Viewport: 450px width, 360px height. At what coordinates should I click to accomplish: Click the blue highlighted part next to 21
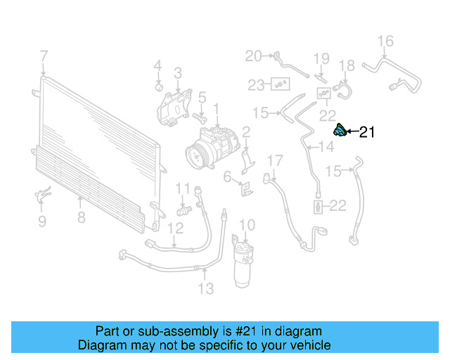tap(339, 131)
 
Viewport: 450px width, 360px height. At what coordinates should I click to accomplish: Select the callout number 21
tap(368, 132)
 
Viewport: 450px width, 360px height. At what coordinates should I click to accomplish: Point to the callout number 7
tap(44, 56)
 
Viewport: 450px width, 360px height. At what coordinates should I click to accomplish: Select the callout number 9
tap(41, 221)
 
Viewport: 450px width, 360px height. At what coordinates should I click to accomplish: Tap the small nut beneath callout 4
tap(158, 87)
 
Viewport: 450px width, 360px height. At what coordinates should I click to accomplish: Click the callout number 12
tap(175, 227)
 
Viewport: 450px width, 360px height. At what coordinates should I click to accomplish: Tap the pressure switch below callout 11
tap(184, 210)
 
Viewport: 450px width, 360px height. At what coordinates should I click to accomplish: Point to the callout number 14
tap(326, 147)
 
